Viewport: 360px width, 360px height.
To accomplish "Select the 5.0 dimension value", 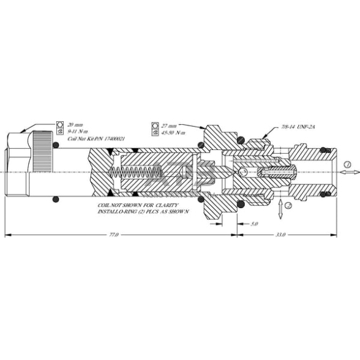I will pos(254,225).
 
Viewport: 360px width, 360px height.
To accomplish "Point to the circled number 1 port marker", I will pos(347,165).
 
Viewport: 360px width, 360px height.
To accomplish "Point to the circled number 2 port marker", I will pos(290,206).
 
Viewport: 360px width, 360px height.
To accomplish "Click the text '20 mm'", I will pos(74,124).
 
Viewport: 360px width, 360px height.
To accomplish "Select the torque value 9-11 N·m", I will pos(77,130).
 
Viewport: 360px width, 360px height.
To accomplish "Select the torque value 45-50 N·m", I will pos(172,131).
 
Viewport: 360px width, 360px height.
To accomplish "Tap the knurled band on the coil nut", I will pos(43,152).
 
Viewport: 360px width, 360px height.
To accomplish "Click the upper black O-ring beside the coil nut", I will pos(57,145).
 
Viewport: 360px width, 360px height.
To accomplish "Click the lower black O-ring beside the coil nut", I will pos(57,198).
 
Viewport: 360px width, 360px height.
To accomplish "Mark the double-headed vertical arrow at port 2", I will pos(280,208).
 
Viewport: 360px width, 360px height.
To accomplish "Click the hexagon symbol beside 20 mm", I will pos(60,124).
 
